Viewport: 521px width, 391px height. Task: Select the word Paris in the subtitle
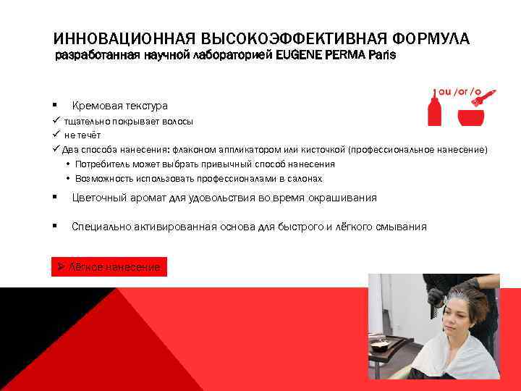pyautogui.click(x=381, y=55)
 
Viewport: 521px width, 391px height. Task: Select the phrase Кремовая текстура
pyautogui.click(x=119, y=106)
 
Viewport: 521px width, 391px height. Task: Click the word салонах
pyautogui.click(x=305, y=179)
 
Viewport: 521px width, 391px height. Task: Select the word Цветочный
pyautogui.click(x=99, y=198)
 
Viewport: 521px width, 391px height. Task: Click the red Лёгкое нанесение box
pyautogui.click(x=109, y=267)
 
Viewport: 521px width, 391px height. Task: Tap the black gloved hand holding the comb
pyautogui.click(x=437, y=296)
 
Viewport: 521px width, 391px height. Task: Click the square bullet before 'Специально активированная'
pyautogui.click(x=54, y=227)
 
